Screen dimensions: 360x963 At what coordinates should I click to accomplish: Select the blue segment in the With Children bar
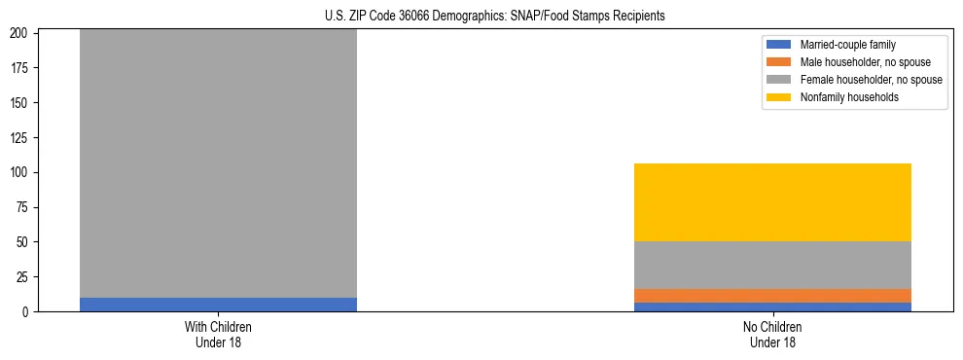click(218, 305)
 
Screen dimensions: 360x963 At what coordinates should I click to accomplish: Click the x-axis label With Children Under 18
click(218, 334)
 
